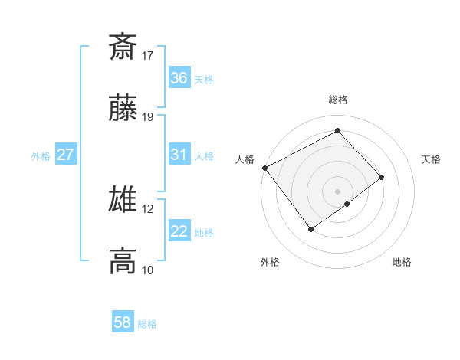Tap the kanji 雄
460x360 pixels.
pyautogui.click(x=123, y=200)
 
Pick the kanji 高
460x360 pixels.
pyautogui.click(x=123, y=260)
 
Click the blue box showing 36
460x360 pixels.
pyautogui.click(x=179, y=77)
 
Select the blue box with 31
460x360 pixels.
pyautogui.click(x=179, y=155)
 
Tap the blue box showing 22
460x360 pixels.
pyautogui.click(x=179, y=231)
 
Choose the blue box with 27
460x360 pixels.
pyautogui.click(x=65, y=155)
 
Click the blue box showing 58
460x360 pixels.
pyautogui.click(x=122, y=322)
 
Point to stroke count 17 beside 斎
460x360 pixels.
pyautogui.click(x=148, y=55)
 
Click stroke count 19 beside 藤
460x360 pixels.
pyautogui.click(x=148, y=117)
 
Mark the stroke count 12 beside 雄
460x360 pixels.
pyautogui.click(x=148, y=208)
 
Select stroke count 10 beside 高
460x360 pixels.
pyautogui.click(x=148, y=270)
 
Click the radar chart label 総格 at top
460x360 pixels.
pyautogui.click(x=337, y=100)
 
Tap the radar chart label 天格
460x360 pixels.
pyautogui.click(x=432, y=159)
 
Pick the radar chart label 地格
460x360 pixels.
pyautogui.click(x=402, y=263)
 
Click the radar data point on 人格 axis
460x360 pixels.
pyautogui.click(x=264, y=167)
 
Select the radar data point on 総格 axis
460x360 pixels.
pyautogui.click(x=337, y=131)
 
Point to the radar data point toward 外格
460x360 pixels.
pyautogui.click(x=311, y=228)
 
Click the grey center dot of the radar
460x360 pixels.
pyautogui.click(x=337, y=191)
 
